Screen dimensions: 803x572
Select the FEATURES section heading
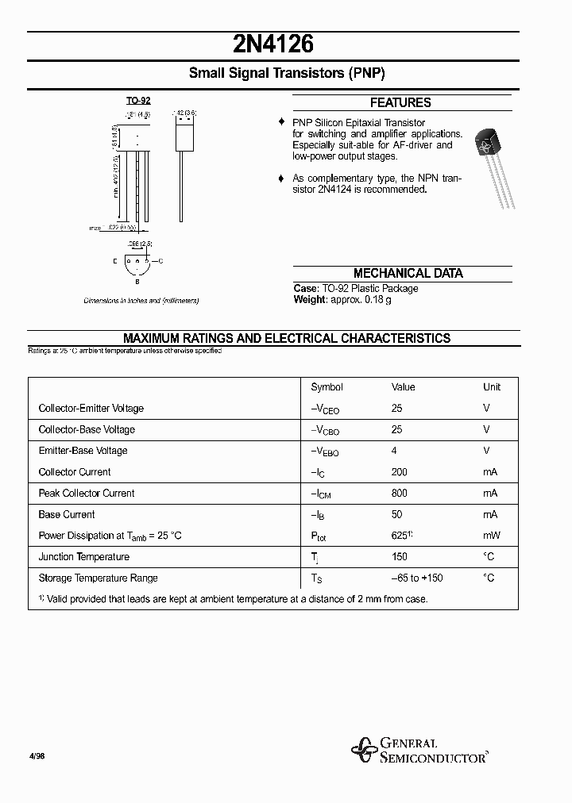(400, 102)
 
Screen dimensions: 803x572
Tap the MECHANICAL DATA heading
(408, 273)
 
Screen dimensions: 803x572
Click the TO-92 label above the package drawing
(138, 101)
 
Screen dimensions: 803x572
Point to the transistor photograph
(493, 167)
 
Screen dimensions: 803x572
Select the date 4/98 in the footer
(37, 756)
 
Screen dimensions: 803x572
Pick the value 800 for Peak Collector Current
(399, 493)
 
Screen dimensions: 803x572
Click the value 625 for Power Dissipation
(400, 536)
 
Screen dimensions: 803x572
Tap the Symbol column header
(327, 387)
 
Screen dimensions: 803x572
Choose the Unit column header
(492, 387)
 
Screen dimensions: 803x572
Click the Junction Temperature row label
(83, 557)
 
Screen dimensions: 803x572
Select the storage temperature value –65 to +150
(417, 578)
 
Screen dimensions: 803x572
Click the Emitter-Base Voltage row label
(83, 451)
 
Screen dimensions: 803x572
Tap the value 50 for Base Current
(396, 514)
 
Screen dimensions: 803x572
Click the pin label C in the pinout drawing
(161, 261)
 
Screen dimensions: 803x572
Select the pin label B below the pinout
(137, 281)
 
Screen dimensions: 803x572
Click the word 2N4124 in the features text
(334, 190)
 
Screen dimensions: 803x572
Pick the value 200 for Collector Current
(399, 472)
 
